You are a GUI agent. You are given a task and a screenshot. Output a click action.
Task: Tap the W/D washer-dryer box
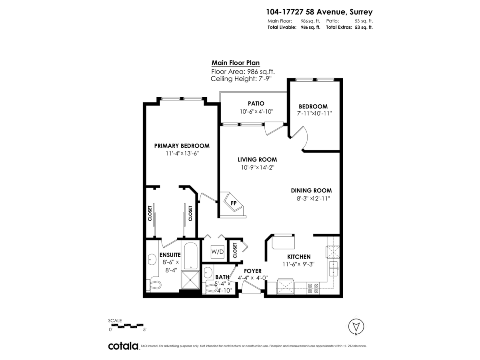(217, 252)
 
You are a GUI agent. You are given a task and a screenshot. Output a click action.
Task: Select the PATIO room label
(256, 103)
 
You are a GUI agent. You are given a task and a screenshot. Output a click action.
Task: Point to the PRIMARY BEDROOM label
(182, 146)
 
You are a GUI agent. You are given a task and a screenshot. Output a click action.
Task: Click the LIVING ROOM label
(257, 160)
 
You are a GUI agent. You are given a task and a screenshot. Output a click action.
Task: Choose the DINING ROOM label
(311, 191)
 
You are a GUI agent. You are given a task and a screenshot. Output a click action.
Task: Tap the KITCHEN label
(299, 257)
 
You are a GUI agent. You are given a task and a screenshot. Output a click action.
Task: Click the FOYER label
(252, 271)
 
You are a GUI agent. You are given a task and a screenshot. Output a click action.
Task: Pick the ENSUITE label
(170, 255)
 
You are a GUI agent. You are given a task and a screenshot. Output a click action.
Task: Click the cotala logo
(124, 346)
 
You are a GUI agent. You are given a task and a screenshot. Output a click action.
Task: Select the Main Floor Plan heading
(236, 63)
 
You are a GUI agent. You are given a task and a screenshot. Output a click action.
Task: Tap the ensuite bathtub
(191, 256)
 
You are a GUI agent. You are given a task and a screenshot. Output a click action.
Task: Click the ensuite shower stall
(190, 280)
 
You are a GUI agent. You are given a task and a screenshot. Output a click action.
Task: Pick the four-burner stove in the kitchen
(313, 288)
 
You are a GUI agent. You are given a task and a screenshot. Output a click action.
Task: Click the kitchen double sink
(333, 269)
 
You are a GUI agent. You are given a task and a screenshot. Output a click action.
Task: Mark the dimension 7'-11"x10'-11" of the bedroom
(314, 114)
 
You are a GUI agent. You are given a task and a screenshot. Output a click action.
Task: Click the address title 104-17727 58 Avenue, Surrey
(319, 12)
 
